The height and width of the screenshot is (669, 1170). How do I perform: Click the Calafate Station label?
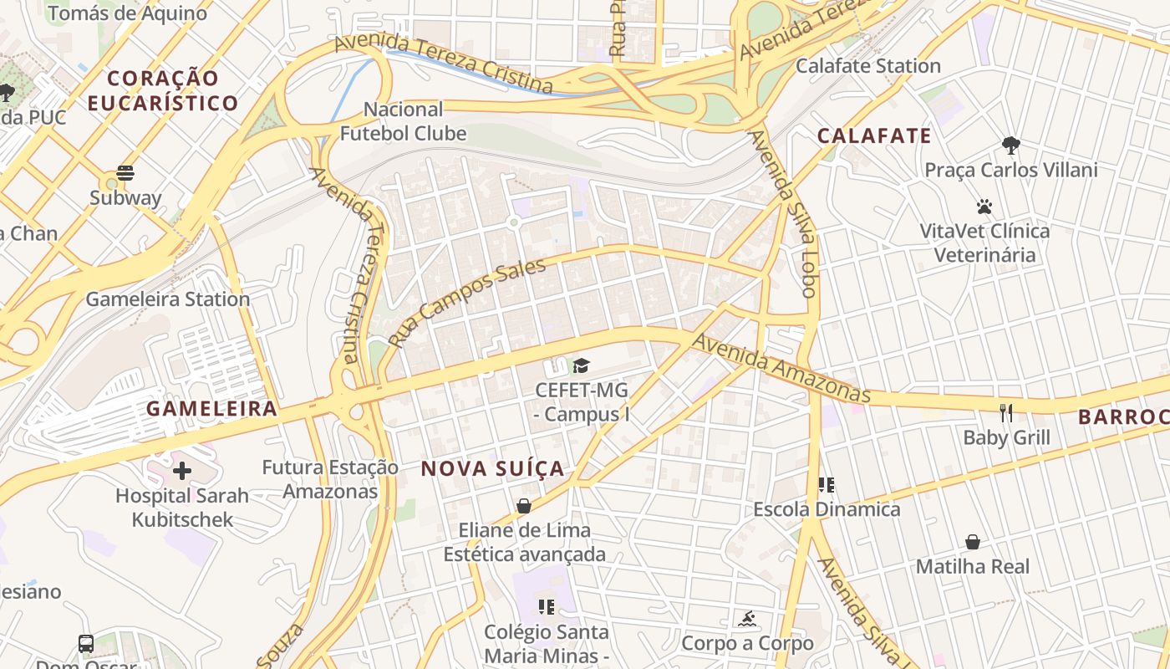click(867, 65)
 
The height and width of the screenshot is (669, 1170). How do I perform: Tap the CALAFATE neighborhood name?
click(874, 136)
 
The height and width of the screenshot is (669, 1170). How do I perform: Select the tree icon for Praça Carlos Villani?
click(1010, 145)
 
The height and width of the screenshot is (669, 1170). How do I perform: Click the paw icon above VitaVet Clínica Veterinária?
click(984, 206)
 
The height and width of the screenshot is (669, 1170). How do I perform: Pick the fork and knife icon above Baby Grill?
click(1006, 412)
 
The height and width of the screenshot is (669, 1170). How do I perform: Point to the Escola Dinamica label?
click(827, 509)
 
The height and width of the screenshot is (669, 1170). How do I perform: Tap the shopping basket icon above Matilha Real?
click(972, 542)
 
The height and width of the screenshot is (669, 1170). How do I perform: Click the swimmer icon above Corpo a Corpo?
click(746, 619)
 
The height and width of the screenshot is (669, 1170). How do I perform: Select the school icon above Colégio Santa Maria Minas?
click(547, 606)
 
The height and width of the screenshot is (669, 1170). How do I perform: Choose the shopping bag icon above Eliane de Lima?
click(524, 505)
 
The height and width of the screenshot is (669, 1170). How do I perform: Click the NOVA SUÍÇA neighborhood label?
click(493, 469)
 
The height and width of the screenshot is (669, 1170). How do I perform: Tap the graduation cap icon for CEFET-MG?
click(581, 365)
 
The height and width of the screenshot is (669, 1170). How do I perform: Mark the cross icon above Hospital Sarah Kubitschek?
click(181, 471)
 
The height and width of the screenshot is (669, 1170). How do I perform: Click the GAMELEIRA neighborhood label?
click(211, 409)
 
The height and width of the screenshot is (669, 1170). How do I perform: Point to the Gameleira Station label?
click(168, 299)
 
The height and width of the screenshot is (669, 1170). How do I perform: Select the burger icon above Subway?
click(125, 173)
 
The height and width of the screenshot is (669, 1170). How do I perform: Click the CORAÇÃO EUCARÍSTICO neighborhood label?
click(163, 90)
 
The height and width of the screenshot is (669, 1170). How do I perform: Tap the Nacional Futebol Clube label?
click(404, 121)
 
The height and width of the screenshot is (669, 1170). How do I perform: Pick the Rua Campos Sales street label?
click(467, 302)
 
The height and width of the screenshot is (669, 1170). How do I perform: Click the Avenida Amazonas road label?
click(781, 368)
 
